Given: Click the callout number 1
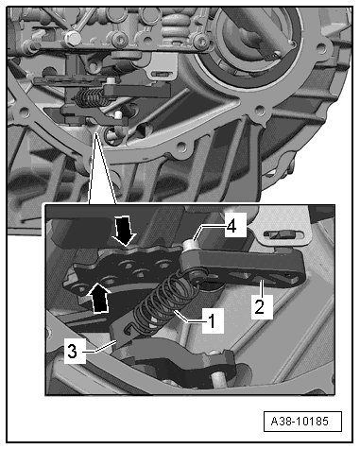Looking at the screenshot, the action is pos(213,320).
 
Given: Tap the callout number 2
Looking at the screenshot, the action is pos(260,306).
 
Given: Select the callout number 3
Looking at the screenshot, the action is pos(73,351).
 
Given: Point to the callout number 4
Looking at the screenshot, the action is pos(231,226).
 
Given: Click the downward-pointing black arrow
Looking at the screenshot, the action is pos(125,231).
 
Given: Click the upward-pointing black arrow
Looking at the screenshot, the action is pos(99,297).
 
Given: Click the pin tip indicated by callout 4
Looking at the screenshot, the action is pos(190,244).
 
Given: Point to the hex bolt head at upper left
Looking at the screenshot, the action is pos(72,38).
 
